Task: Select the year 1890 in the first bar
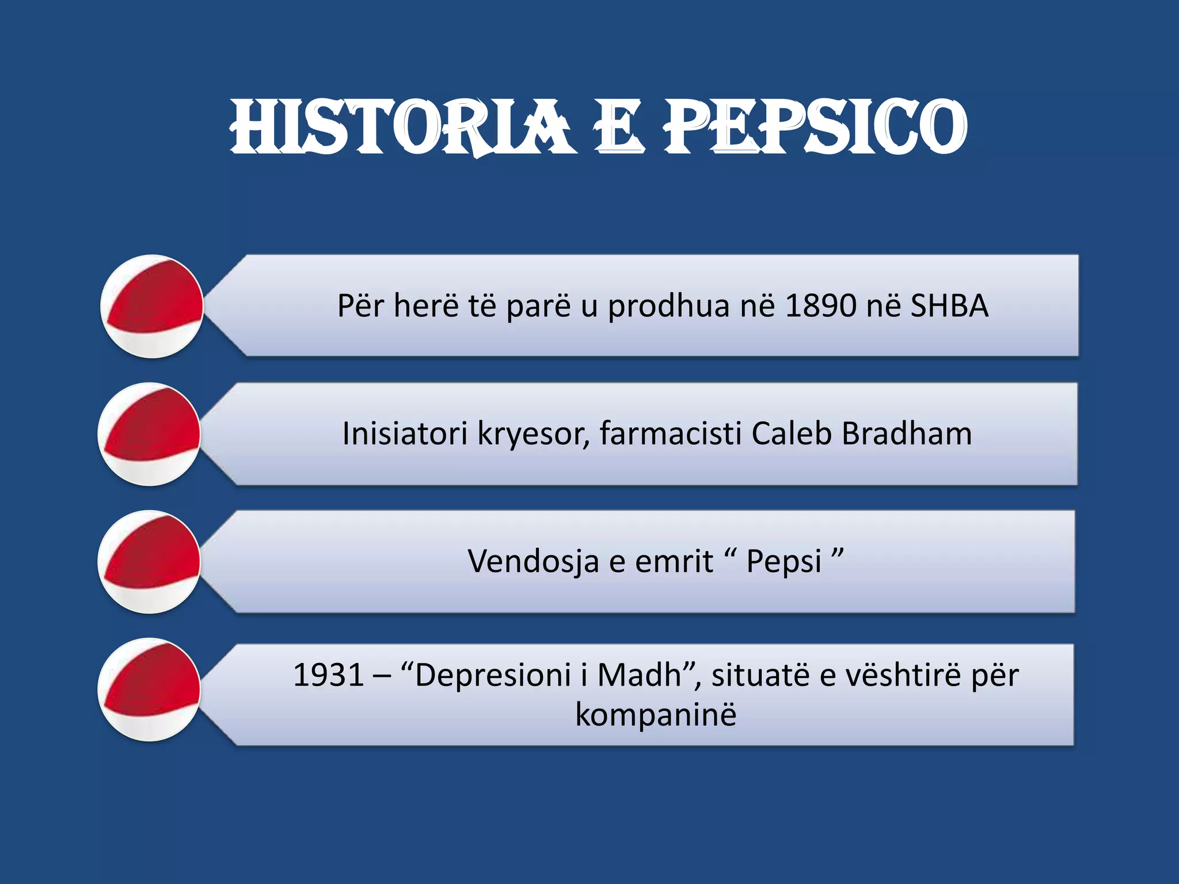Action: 820,306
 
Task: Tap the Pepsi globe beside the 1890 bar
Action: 152,306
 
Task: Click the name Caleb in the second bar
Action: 791,433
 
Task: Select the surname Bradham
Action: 907,433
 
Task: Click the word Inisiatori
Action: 404,433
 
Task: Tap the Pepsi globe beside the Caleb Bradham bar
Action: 150,434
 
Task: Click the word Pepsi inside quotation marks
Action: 784,562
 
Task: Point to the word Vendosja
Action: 533,562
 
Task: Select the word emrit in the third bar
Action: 673,562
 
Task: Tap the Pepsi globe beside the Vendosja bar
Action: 150,562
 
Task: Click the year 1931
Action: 328,675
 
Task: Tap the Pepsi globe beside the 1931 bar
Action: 150,689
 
